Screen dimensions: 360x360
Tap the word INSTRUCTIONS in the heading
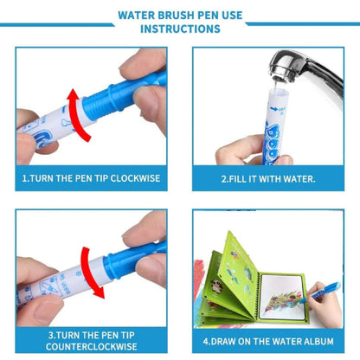pos(180,29)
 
